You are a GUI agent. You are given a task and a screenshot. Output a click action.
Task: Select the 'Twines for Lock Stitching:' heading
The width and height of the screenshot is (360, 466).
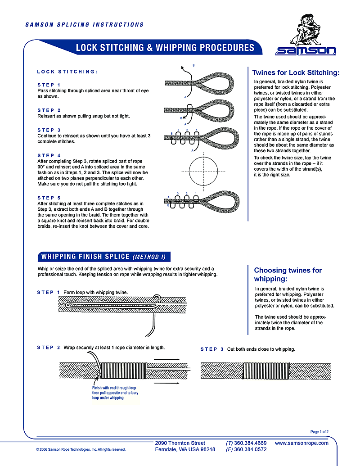pyautogui.click(x=296, y=72)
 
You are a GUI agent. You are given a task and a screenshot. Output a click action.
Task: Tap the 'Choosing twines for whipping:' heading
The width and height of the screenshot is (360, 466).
pyautogui.click(x=288, y=274)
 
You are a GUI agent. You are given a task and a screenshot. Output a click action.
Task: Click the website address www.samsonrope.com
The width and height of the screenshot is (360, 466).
pyautogui.click(x=301, y=443)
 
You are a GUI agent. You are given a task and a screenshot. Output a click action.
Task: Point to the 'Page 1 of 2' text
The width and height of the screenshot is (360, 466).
pyautogui.click(x=319, y=432)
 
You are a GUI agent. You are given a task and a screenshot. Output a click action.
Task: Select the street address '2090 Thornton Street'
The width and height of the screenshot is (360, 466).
pyautogui.click(x=180, y=443)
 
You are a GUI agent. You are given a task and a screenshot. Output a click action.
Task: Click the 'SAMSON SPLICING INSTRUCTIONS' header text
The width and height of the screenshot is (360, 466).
pyautogui.click(x=85, y=25)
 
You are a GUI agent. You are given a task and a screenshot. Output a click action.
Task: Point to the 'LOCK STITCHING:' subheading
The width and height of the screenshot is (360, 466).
pyautogui.click(x=67, y=72)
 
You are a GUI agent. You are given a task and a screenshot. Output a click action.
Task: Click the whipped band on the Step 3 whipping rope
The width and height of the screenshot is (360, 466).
pyautogui.click(x=257, y=370)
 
